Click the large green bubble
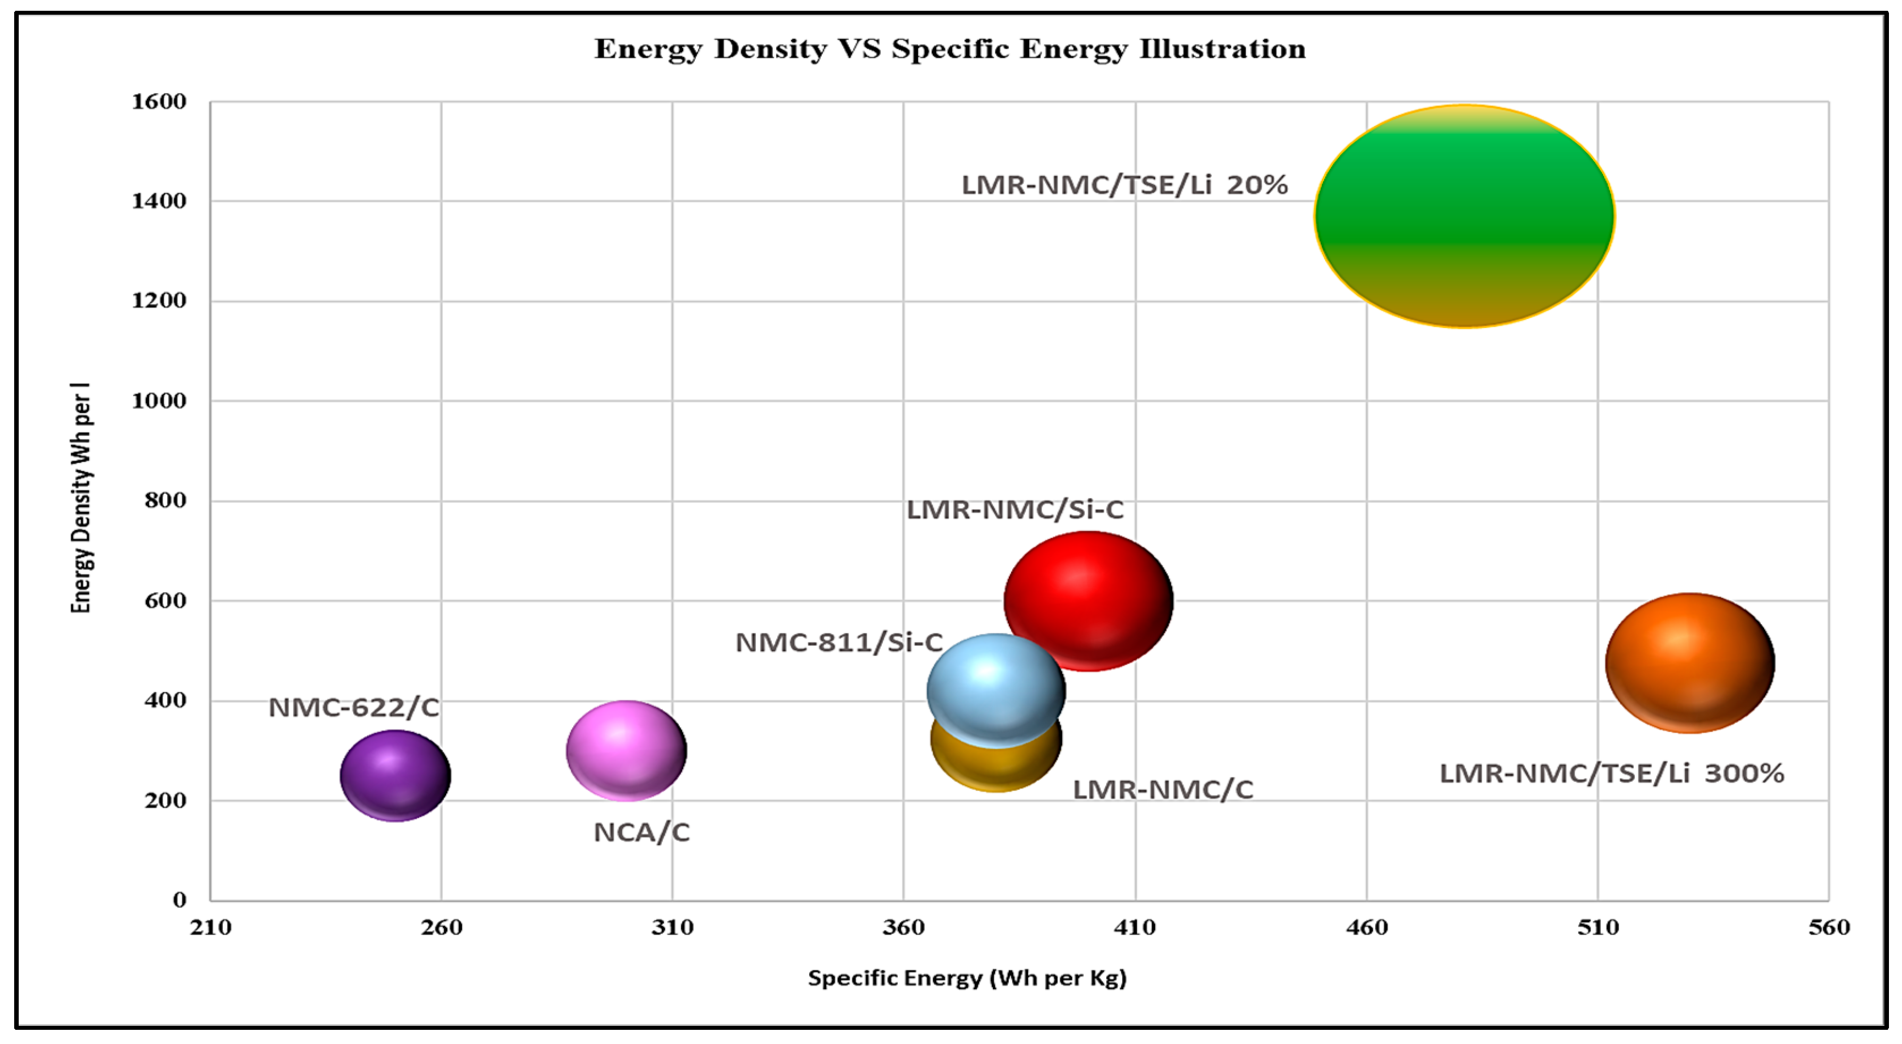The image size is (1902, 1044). [1464, 216]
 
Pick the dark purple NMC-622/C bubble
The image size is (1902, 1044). [395, 775]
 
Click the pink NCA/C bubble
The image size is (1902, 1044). [626, 750]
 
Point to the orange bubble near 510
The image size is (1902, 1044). [1689, 662]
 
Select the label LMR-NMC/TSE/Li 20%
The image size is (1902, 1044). [1124, 184]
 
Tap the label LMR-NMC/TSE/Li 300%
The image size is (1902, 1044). [1611, 773]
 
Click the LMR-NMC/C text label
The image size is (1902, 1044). [1162, 789]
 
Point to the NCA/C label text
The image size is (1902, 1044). [641, 832]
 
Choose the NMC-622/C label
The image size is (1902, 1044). [353, 707]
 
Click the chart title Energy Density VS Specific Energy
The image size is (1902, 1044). [949, 49]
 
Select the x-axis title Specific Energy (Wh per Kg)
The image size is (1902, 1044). [966, 978]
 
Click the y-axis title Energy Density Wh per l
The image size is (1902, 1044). [81, 498]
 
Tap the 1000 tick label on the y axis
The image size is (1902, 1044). [159, 400]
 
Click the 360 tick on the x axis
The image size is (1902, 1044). [903, 927]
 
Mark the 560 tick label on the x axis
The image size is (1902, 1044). [1828, 927]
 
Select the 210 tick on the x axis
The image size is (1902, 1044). [210, 927]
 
